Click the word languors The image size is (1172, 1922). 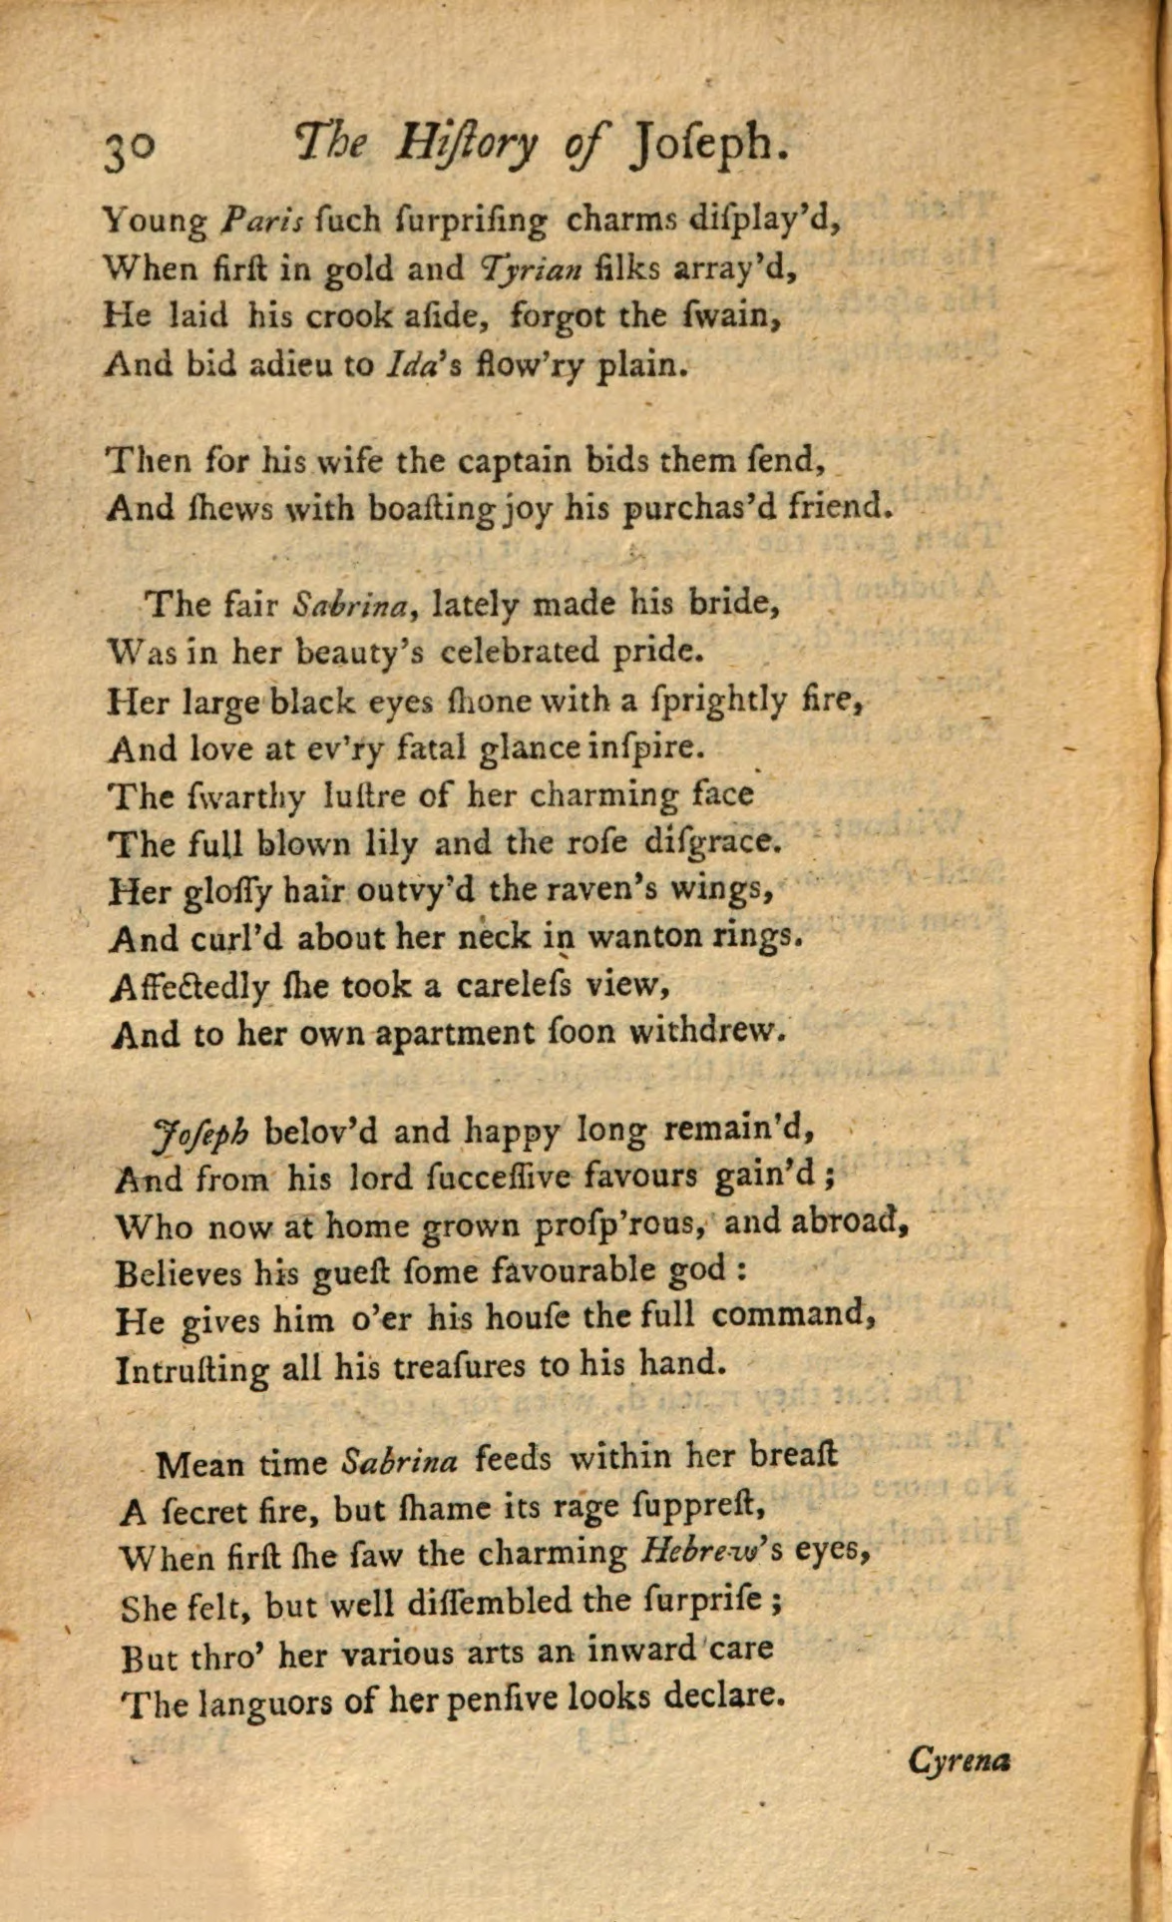click(x=265, y=1701)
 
